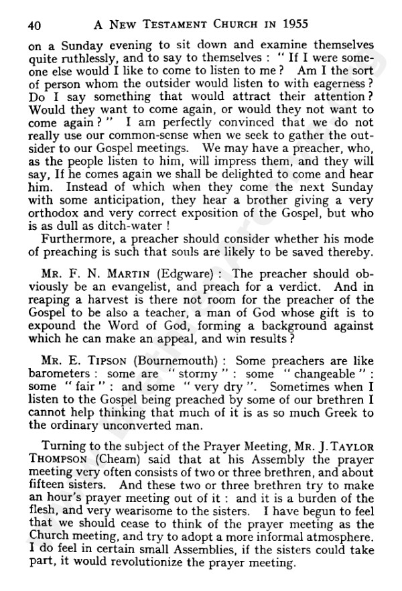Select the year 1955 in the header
click(x=291, y=25)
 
